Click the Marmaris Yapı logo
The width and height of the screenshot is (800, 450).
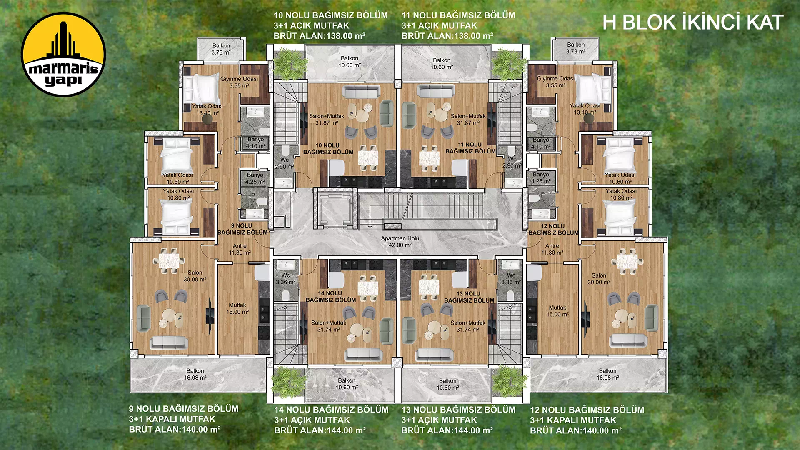point(63,54)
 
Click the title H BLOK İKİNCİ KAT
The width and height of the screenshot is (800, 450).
point(692,22)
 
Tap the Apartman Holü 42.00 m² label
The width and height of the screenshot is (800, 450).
point(400,242)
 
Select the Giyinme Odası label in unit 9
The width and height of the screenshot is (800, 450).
point(239,82)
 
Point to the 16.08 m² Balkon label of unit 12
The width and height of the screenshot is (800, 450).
point(607,374)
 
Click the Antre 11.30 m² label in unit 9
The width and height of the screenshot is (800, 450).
point(240,249)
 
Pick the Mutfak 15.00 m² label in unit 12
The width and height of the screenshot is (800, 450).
point(557,311)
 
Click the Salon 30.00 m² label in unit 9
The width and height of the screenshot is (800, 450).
point(195,276)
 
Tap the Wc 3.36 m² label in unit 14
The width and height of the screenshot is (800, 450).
point(285,279)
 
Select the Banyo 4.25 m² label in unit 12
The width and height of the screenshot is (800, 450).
point(541,178)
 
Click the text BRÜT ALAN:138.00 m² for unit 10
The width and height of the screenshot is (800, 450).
point(319,36)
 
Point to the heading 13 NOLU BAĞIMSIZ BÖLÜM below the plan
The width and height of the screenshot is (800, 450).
point(458,410)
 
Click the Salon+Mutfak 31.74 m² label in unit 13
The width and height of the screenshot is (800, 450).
point(468,326)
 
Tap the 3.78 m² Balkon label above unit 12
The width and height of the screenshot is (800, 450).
point(576,48)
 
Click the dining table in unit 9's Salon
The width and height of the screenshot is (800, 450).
point(169,260)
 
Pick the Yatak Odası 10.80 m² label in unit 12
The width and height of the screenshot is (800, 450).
point(621,195)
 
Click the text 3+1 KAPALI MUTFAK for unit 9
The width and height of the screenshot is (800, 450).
point(172,419)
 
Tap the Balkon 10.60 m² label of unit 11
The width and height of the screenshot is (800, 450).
point(442,64)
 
